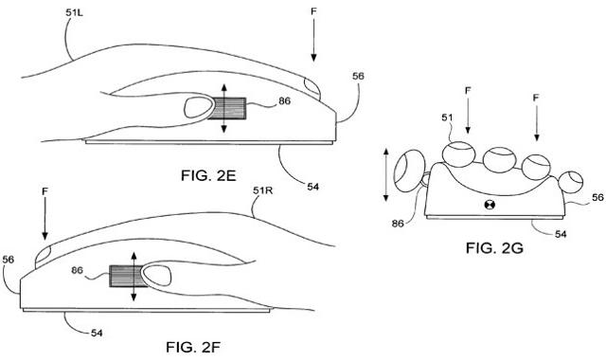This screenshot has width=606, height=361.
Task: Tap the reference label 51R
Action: pos(263,193)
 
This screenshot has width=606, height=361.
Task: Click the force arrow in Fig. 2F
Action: pos(45,228)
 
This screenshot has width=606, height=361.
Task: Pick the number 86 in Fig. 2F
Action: pos(90,272)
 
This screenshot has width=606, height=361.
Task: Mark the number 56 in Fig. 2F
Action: pos(10,259)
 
